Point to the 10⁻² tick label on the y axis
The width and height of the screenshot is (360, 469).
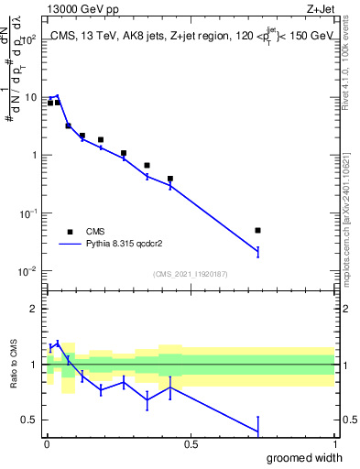coord(27,271)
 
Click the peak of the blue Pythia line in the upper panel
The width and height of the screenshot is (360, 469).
coord(58,95)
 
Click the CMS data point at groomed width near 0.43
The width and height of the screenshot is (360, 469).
coord(170,179)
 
